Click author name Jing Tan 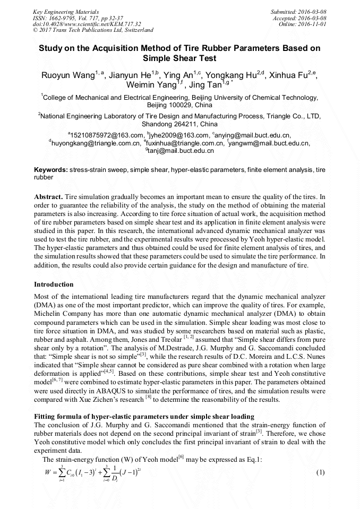coord(205,85)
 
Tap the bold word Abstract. coord(48,196)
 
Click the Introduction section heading coord(54,284)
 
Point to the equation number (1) coord(320,472)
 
